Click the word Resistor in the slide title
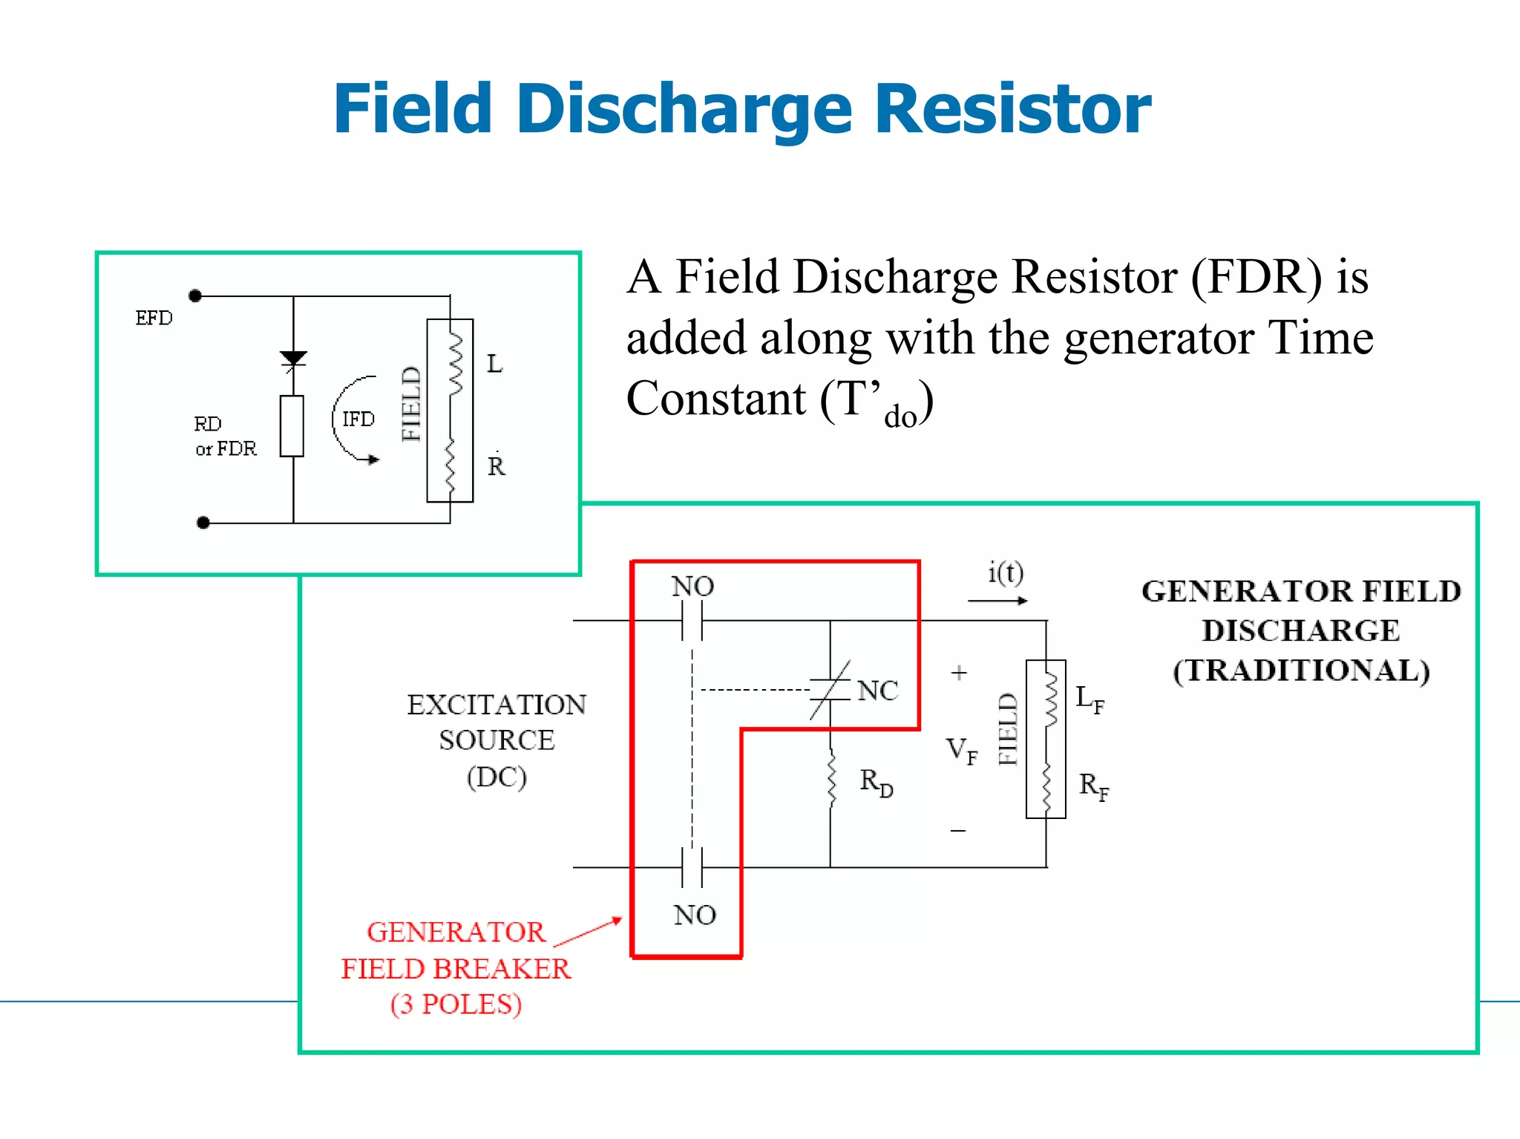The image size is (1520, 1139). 1013,110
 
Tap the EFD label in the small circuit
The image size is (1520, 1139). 154,319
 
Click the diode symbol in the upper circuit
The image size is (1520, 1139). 293,359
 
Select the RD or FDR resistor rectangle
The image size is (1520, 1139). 292,426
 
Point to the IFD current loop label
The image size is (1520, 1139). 358,420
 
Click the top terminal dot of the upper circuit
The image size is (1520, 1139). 195,296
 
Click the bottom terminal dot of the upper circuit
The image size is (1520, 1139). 203,523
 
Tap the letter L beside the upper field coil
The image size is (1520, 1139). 494,365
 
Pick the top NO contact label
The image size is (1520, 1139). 692,587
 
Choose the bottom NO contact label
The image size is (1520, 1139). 695,915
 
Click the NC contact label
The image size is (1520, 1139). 877,691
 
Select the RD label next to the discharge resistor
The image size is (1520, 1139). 876,782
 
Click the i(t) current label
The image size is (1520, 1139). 1005,572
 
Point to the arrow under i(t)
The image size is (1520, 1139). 997,601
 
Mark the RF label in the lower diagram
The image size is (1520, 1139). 1093,786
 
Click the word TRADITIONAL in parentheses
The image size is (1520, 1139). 1301,670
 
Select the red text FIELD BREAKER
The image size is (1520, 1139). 456,969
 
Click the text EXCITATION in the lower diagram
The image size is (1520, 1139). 497,705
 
